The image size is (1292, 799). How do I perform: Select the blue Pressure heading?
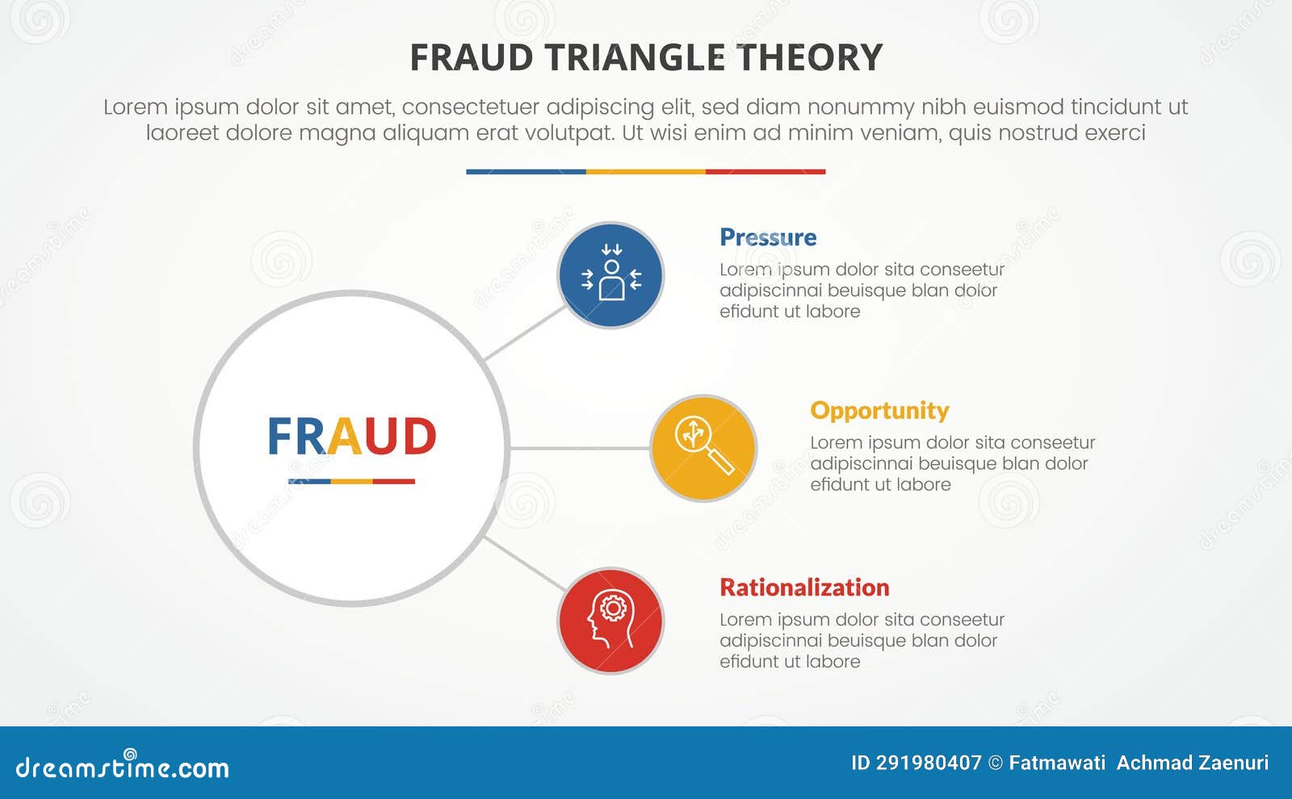coord(768,237)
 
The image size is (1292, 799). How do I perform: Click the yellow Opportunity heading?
coord(879,411)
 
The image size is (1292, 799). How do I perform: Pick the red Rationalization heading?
coord(804,588)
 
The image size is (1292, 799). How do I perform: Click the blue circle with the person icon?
coord(610,275)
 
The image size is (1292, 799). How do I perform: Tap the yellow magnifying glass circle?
coord(703,448)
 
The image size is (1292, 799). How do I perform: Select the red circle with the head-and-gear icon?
coord(610,621)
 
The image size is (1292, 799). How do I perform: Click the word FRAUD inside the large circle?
coord(351,437)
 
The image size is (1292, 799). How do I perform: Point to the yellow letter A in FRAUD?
coord(344,437)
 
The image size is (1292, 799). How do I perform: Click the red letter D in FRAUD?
coord(418,437)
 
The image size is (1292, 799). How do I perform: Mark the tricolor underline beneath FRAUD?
coord(351,482)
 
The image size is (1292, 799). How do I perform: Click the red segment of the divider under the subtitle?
coord(766,172)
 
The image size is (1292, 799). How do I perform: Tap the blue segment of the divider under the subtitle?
coord(526,172)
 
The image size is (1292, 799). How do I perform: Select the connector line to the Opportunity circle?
coord(579,448)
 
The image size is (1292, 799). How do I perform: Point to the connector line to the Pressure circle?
coord(525,333)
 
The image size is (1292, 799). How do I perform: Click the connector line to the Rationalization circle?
coord(525,563)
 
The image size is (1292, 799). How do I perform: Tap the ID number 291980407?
coord(929,763)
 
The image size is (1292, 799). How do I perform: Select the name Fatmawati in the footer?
coord(1057,763)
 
